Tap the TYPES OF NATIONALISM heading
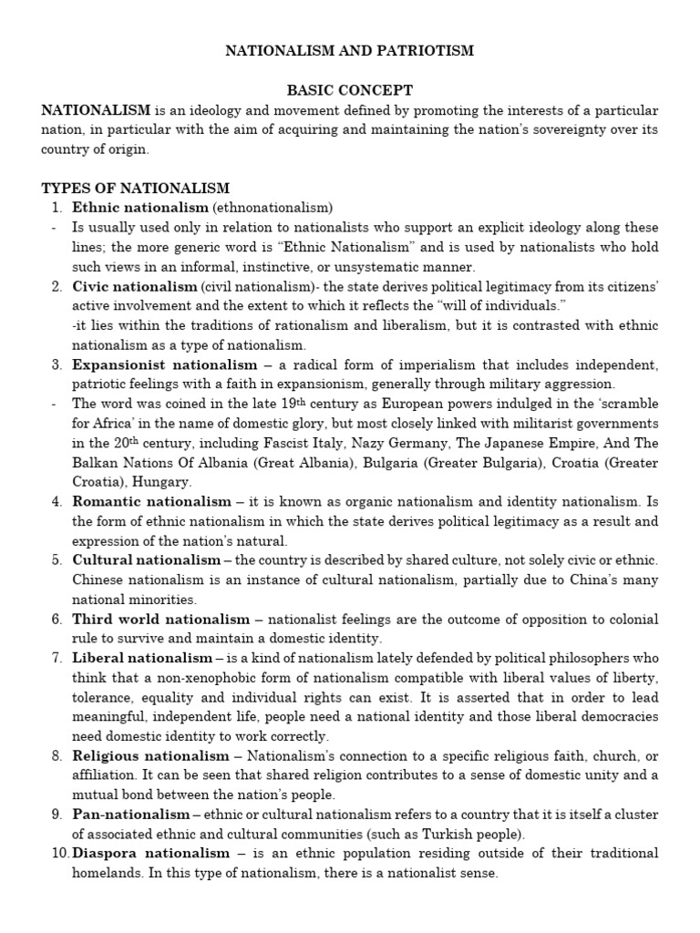[x=136, y=188]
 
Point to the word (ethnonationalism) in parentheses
[x=273, y=208]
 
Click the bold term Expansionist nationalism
[x=151, y=364]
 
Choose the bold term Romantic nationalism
[x=151, y=501]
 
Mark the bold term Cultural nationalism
[x=146, y=559]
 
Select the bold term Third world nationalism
[x=160, y=619]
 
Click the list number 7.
[x=56, y=658]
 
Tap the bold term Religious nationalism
[x=151, y=755]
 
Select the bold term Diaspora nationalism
[x=151, y=854]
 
